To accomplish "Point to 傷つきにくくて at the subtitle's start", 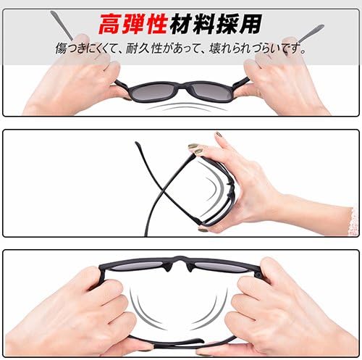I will tap(93, 50).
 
